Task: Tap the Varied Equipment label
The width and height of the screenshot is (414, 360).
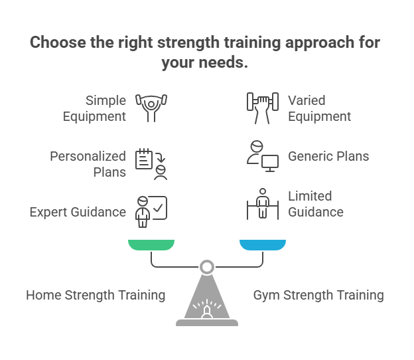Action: coord(319,108)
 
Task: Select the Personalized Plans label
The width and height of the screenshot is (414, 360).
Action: coord(88,164)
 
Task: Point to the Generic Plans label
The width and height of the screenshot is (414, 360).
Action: coord(328,157)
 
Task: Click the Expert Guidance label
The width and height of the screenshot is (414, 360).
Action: coord(78,212)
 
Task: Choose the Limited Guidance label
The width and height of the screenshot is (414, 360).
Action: coord(315,204)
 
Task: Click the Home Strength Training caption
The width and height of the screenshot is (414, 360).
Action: coord(96,295)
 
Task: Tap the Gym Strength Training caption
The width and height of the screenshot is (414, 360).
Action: coord(318,295)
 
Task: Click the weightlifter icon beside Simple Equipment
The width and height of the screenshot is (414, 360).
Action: coord(152,108)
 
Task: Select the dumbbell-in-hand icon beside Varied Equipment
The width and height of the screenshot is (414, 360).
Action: coord(261,108)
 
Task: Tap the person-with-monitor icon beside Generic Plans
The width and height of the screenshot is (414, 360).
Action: coord(261,157)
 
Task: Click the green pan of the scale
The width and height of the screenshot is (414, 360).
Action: coord(151,244)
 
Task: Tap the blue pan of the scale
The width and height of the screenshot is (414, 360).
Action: coord(263,244)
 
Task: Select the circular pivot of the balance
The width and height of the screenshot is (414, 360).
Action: coord(207,267)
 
